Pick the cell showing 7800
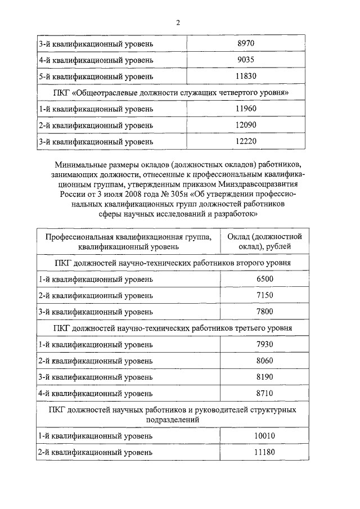click(263, 312)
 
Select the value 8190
click(263, 377)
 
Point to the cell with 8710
click(263, 393)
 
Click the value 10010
click(263, 436)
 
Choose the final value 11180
click(263, 452)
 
